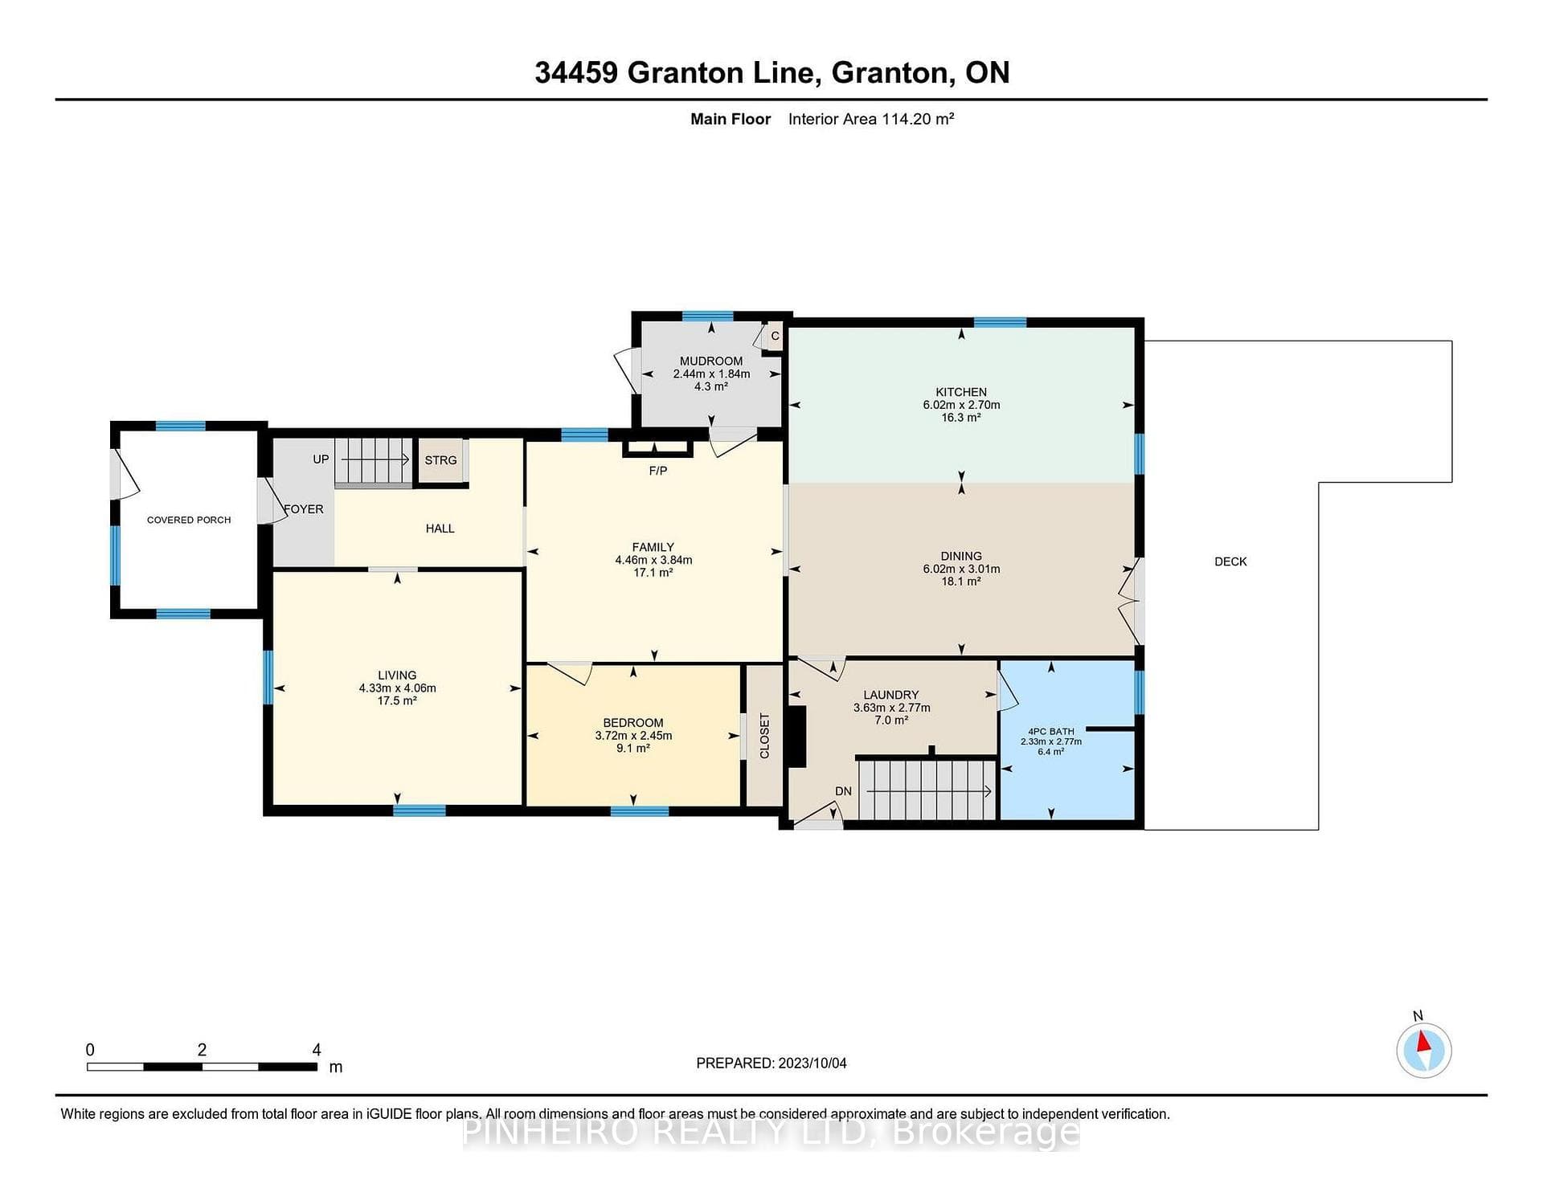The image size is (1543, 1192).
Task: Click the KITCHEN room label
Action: [x=961, y=392]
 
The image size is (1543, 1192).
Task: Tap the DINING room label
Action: [x=961, y=556]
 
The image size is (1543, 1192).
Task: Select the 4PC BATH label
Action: [x=1051, y=732]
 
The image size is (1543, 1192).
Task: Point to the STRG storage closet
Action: [x=440, y=460]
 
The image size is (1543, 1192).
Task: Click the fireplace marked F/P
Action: [x=657, y=448]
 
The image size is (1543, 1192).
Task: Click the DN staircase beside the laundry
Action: [x=926, y=790]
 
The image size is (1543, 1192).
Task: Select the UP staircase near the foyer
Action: [x=373, y=461]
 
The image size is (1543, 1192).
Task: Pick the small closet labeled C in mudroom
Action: [x=775, y=337]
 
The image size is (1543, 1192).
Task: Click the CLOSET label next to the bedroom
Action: [x=764, y=736]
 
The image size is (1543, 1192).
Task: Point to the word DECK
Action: [x=1230, y=561]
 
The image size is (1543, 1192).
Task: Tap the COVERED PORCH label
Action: [x=189, y=520]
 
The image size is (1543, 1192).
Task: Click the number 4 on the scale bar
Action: [x=317, y=1050]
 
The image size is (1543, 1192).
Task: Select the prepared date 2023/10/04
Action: [x=812, y=1063]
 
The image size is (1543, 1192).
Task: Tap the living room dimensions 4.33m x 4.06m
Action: [x=398, y=688]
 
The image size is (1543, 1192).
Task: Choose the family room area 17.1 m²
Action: [x=653, y=573]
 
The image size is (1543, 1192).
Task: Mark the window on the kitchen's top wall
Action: [x=1000, y=322]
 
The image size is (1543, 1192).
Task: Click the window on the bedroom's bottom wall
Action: [x=640, y=811]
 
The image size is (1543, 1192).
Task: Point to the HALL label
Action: [x=440, y=529]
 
